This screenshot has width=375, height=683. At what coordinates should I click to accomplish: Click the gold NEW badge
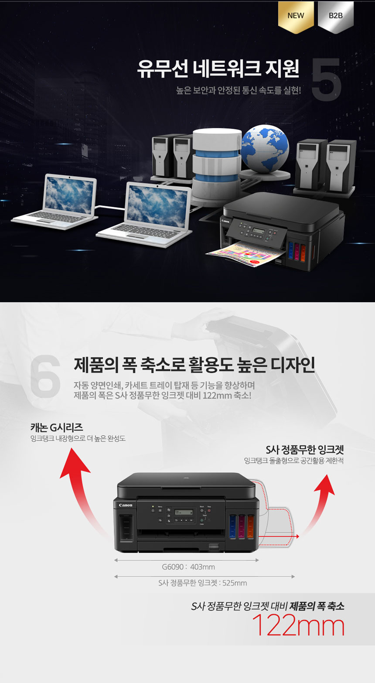pos(296,17)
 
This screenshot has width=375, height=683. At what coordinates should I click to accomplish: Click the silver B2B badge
pos(335,17)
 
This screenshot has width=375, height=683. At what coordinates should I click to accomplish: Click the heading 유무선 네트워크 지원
pos(218,69)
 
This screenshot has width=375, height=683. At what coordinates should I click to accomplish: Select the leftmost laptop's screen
pos(70,194)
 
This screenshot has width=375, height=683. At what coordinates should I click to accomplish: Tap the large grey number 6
pos(45,375)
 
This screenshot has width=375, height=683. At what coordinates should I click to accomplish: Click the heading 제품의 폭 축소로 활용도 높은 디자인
pos(194,365)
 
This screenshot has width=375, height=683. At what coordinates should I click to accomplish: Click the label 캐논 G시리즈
pos(57,427)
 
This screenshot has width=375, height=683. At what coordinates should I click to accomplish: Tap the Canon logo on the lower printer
pos(126,505)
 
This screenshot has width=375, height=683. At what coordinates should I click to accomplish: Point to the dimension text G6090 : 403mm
pos(188,567)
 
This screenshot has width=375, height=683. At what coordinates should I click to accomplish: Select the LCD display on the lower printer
pos(184,512)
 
